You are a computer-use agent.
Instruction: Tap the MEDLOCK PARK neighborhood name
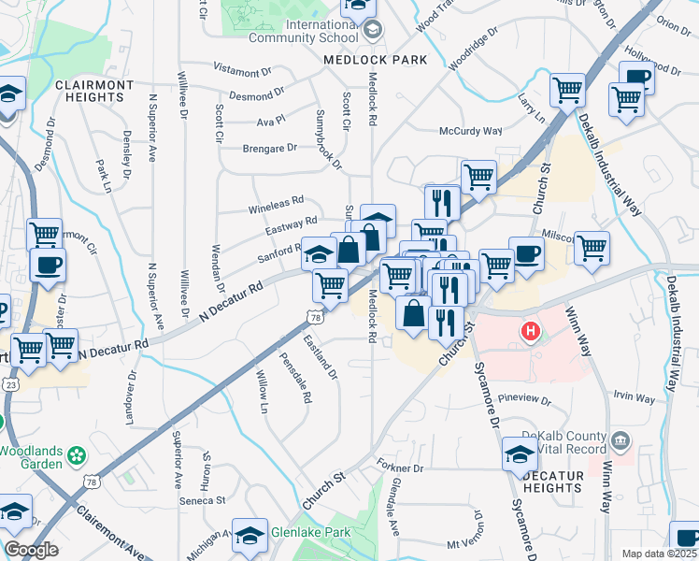point(375,60)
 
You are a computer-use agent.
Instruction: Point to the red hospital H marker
point(531,331)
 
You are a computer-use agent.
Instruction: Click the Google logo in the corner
point(31,550)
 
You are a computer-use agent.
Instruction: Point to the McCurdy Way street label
point(471,132)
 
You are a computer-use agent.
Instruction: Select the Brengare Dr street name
point(269,148)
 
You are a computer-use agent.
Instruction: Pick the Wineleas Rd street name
point(276,200)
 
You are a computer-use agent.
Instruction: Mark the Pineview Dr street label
point(527,400)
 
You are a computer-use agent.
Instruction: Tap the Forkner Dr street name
point(400,467)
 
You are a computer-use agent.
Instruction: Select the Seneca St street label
point(207,500)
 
